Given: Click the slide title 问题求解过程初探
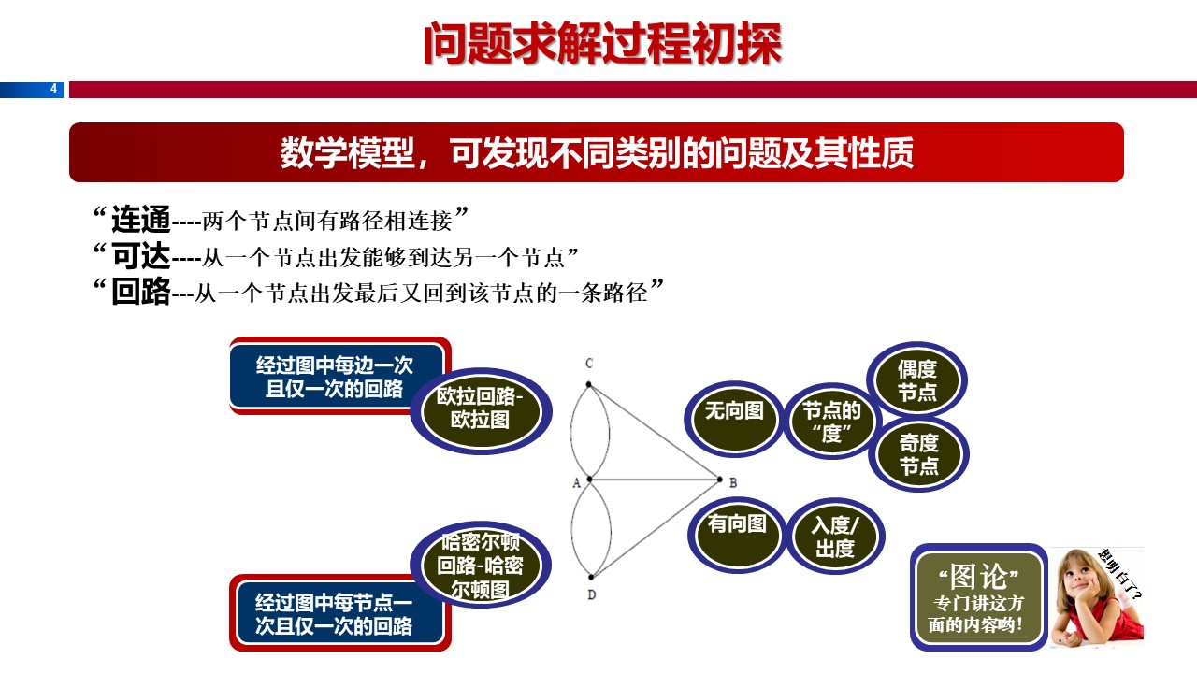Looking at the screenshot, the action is (601, 43).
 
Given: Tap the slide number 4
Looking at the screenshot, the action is (53, 90).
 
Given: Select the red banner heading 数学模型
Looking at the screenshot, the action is (597, 152).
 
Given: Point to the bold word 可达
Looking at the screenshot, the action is (141, 256).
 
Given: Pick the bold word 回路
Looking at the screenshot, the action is (141, 293).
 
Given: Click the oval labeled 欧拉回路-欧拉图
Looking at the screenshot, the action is (481, 408).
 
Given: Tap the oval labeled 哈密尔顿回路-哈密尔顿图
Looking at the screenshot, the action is (481, 565).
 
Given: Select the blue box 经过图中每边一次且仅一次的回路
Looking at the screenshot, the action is (335, 376).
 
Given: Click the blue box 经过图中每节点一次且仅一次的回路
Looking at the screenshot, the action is (335, 614).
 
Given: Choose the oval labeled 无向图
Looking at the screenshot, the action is (734, 411).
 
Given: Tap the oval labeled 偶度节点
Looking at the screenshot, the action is (917, 379).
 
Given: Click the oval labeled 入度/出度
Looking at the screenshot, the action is (834, 537).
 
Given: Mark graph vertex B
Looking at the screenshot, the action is (720, 480).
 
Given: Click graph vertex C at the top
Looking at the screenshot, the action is (588, 383).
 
